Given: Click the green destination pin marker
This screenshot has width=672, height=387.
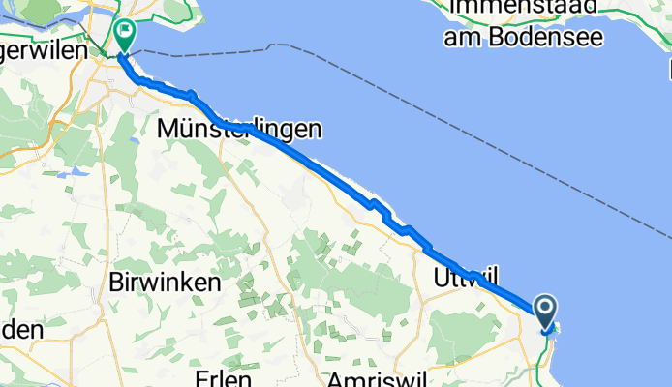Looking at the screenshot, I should coord(125,35).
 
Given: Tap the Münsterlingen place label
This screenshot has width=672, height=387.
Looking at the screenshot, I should coord(238,128).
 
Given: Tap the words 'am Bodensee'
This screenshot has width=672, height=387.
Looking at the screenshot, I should coord(524,38).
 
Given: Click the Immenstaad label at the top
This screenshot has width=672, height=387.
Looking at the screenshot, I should coord(523,10).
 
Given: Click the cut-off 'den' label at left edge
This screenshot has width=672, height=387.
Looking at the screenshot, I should coord(21,329).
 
